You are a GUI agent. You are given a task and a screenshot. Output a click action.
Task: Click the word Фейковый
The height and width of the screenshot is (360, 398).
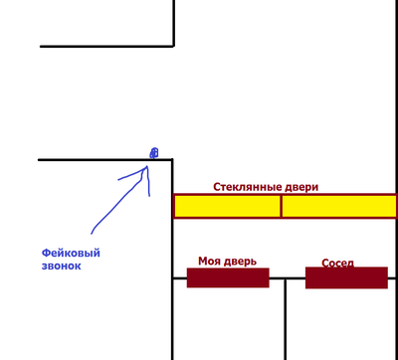71,253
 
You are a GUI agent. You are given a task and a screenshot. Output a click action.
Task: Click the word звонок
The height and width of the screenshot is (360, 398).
61,266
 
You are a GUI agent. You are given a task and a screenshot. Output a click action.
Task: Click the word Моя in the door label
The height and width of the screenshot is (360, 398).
210,262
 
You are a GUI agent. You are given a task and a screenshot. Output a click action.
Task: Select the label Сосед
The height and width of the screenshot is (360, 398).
337,264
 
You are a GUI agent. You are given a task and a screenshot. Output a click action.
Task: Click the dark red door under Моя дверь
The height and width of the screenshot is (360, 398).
228,277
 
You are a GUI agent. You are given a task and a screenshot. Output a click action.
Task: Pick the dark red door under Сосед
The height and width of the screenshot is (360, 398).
345,278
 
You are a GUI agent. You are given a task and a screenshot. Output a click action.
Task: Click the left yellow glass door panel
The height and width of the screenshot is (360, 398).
227,206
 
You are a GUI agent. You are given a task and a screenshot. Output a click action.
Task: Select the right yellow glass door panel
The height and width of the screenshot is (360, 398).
338,206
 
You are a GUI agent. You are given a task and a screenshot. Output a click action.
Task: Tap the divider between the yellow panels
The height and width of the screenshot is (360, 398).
282,206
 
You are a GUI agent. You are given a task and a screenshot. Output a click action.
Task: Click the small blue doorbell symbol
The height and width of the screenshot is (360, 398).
153,153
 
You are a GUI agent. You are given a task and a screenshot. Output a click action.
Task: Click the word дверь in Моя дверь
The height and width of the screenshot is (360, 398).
241,262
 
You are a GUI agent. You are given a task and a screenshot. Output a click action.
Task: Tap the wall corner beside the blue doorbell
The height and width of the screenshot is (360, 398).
172,159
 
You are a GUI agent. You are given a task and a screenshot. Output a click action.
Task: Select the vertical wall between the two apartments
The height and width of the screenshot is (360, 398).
286,318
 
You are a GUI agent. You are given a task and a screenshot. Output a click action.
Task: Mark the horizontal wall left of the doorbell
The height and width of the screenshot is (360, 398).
90,159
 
